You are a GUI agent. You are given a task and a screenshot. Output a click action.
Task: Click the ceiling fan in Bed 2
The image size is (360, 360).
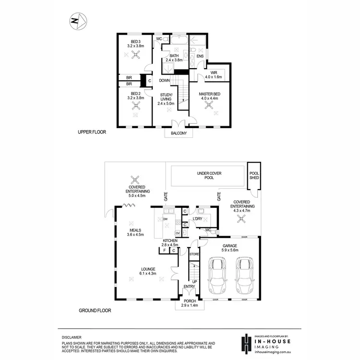point(136,108)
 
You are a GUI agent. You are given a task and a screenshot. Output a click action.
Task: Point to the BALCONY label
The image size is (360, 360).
point(180,134)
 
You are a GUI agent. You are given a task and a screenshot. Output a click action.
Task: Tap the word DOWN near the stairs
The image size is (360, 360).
point(164,81)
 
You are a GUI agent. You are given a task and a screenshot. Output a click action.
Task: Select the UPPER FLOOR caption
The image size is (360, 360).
point(92,132)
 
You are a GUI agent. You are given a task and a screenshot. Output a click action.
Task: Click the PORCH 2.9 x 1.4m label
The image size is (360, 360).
point(189,303)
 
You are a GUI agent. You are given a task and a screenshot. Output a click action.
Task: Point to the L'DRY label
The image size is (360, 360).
point(197,219)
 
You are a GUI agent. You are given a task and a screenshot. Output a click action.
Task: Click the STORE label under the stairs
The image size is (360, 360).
point(194,253)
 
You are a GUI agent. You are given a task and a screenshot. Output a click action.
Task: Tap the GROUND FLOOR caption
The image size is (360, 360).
point(95,311)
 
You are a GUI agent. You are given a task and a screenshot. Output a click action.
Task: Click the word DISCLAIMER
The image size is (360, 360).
point(72,337)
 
